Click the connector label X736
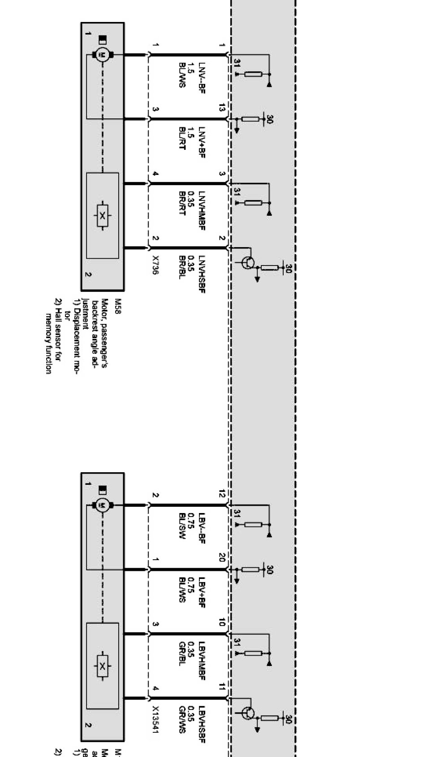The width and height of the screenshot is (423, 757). [x=155, y=265]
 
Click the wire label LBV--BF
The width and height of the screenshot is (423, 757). [x=202, y=527]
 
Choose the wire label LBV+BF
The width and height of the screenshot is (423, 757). [x=202, y=592]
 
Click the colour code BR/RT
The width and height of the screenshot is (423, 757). [x=182, y=204]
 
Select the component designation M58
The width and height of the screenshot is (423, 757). [x=118, y=306]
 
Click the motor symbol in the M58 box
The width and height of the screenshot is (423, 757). [x=103, y=55]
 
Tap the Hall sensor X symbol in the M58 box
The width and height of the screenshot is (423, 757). [x=103, y=216]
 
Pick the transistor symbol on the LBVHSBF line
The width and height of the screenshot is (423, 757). [x=248, y=713]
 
